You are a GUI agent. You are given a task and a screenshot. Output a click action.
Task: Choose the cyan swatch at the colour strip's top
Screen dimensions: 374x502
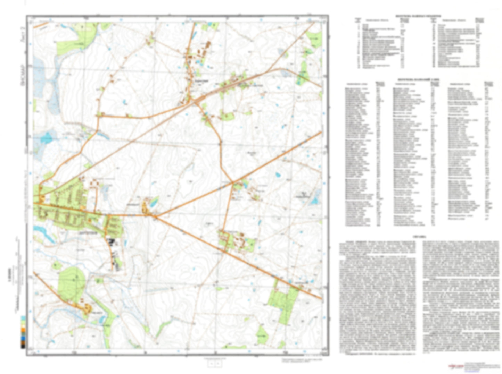tap(23, 318)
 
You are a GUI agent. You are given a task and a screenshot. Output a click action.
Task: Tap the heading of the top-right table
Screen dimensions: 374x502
tap(418, 16)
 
